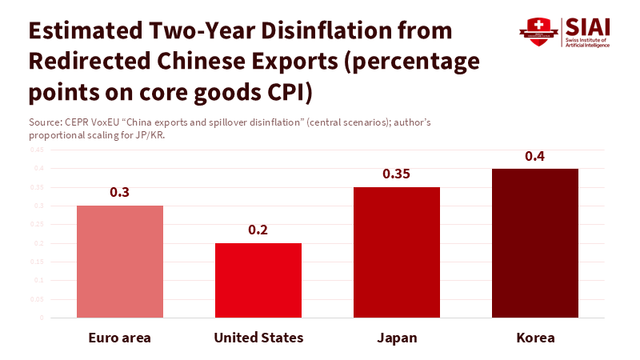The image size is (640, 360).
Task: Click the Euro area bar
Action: point(120,262)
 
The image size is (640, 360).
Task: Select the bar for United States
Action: point(258,280)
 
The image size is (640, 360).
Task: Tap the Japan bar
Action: point(397,252)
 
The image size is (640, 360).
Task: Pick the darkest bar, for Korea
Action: point(535,243)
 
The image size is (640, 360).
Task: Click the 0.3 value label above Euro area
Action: point(120,192)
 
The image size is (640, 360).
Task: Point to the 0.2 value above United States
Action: point(258,230)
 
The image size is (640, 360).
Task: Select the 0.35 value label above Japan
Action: point(397,174)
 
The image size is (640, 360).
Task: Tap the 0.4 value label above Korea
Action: point(535,155)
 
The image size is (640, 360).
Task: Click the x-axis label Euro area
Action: point(120,338)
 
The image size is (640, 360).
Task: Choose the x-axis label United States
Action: point(258,338)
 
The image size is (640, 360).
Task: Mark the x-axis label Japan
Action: point(397,338)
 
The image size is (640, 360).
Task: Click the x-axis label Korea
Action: point(535,338)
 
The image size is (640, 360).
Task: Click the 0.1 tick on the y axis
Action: point(40,281)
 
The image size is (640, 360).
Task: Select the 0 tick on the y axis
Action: point(42,318)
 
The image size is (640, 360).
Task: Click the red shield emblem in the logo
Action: point(534,32)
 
